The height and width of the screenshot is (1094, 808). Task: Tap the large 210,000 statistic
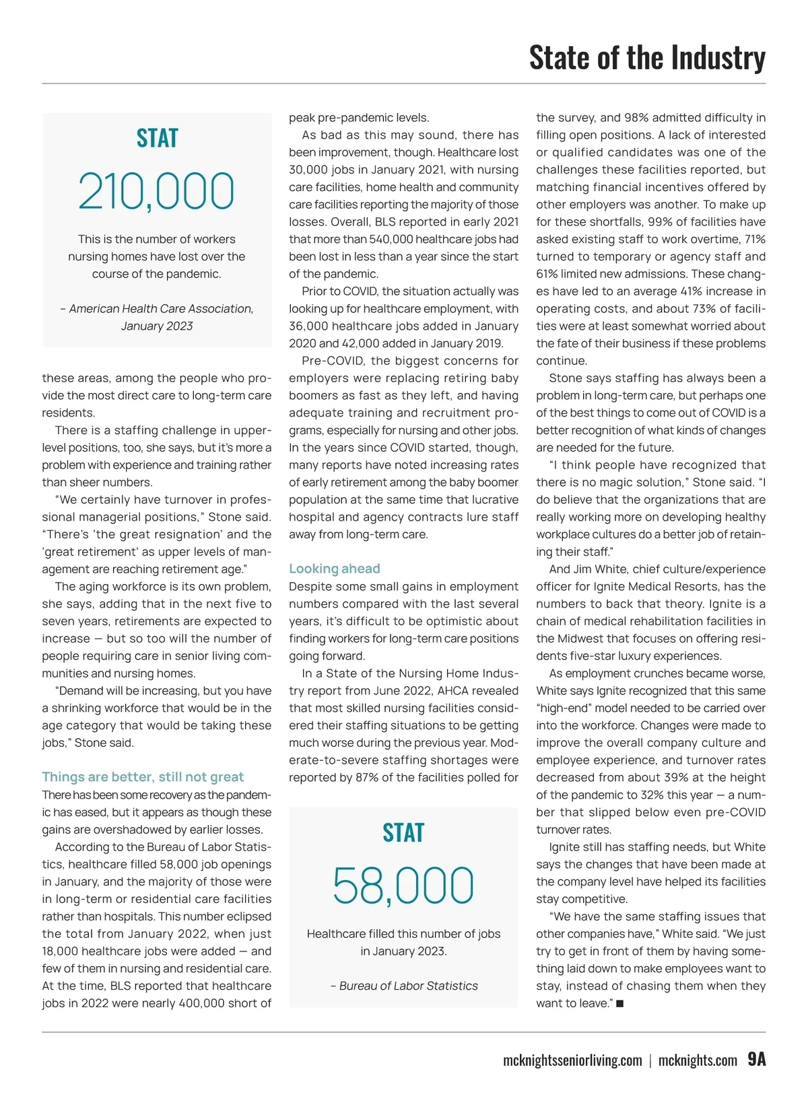tap(156, 192)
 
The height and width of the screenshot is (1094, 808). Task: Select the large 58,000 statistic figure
tap(403, 886)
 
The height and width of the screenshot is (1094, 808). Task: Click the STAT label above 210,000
tap(157, 138)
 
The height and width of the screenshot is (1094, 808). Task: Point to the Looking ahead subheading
tap(335, 569)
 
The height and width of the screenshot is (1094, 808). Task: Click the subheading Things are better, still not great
tap(143, 777)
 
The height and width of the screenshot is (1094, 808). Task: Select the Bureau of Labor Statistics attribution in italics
tap(408, 986)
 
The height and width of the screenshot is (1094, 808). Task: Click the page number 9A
tap(757, 1060)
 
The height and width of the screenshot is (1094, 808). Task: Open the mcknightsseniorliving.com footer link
tap(572, 1061)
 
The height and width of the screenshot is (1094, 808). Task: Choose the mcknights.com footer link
tap(698, 1061)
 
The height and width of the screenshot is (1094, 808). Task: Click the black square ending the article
tap(619, 1004)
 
